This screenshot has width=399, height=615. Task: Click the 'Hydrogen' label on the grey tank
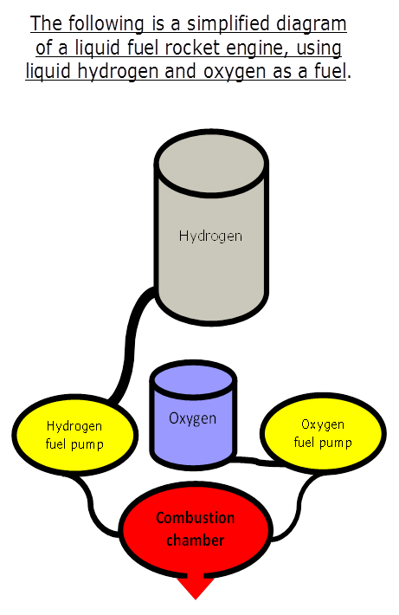click(x=210, y=236)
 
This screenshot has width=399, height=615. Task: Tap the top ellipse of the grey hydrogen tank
click(x=212, y=163)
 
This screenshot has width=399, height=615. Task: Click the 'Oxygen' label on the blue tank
click(x=192, y=419)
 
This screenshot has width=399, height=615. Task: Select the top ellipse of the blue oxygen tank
click(x=193, y=379)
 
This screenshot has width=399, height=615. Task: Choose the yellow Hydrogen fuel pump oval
click(x=74, y=436)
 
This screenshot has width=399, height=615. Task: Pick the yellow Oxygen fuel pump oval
click(x=323, y=433)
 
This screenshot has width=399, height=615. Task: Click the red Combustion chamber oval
click(x=196, y=530)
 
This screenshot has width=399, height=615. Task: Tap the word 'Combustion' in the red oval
click(x=196, y=518)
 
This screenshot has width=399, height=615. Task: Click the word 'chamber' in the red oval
click(x=196, y=541)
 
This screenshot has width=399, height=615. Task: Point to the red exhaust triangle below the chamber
click(x=196, y=587)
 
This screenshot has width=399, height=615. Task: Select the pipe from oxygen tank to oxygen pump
click(x=259, y=461)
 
